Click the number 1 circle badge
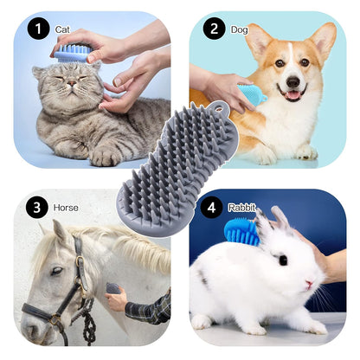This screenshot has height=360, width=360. click(38, 29)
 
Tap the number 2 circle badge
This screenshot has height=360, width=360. click(211, 29)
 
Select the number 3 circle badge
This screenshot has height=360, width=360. click(36, 207)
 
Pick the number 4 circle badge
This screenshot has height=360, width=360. click(211, 208)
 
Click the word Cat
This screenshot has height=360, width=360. click(62, 29)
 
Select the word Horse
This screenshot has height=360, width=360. click(66, 208)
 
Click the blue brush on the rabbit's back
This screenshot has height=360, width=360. click(241, 232)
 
